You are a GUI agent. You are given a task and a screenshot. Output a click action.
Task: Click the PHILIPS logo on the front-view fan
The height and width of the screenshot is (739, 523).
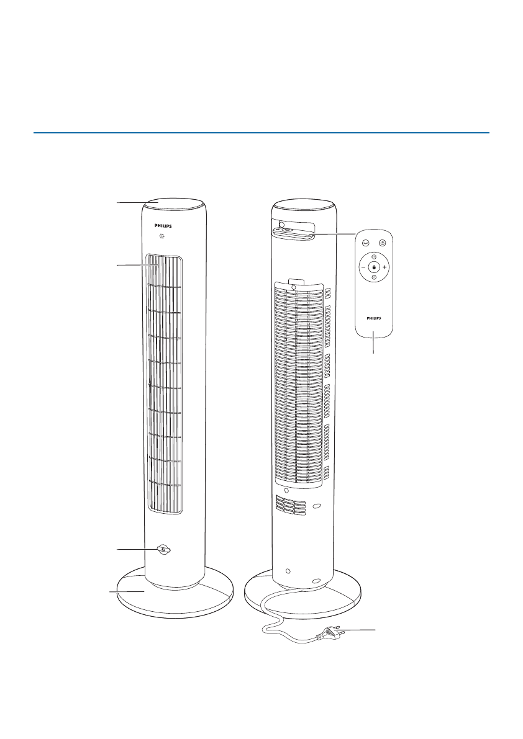click(x=163, y=226)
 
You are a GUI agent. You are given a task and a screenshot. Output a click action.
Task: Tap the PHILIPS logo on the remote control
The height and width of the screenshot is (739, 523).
click(x=374, y=318)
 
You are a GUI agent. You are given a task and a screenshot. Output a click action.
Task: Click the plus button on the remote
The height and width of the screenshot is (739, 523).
click(x=385, y=267)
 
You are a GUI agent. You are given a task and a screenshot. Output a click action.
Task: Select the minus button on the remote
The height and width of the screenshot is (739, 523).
click(x=363, y=267)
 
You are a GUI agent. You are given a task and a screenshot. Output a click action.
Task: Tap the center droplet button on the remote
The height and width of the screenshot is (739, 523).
click(x=374, y=267)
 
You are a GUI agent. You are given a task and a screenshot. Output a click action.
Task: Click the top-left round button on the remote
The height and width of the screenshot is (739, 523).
click(x=365, y=243)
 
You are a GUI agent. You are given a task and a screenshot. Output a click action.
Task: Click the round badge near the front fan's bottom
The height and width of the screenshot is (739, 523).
click(x=163, y=550)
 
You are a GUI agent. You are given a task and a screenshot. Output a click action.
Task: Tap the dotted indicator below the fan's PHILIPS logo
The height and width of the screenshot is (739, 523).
click(x=161, y=236)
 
